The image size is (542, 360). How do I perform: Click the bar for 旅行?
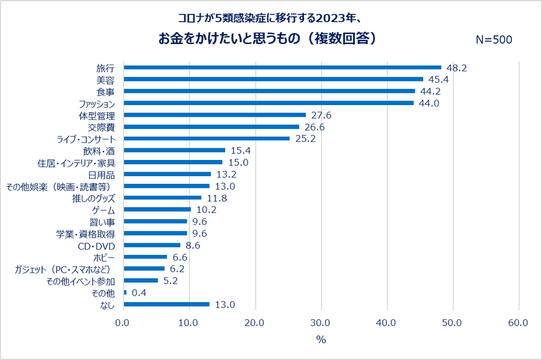tap(282, 67)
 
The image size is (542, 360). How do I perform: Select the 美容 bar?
tap(273, 79)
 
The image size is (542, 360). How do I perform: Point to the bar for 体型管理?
tap(214, 115)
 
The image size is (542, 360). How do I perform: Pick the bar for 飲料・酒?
tap(174, 150)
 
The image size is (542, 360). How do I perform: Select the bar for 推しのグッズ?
tap(162, 198)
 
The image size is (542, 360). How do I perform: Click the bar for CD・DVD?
tap(152, 245)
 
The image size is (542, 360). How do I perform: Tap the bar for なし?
tap(166, 305)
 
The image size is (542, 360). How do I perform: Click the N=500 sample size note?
tap(493, 40)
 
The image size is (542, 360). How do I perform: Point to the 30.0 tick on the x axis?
tap(321, 323)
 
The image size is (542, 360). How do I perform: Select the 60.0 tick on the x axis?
tap(518, 323)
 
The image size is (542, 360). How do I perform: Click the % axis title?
tap(320, 339)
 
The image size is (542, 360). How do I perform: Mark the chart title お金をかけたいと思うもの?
tap(267, 39)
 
